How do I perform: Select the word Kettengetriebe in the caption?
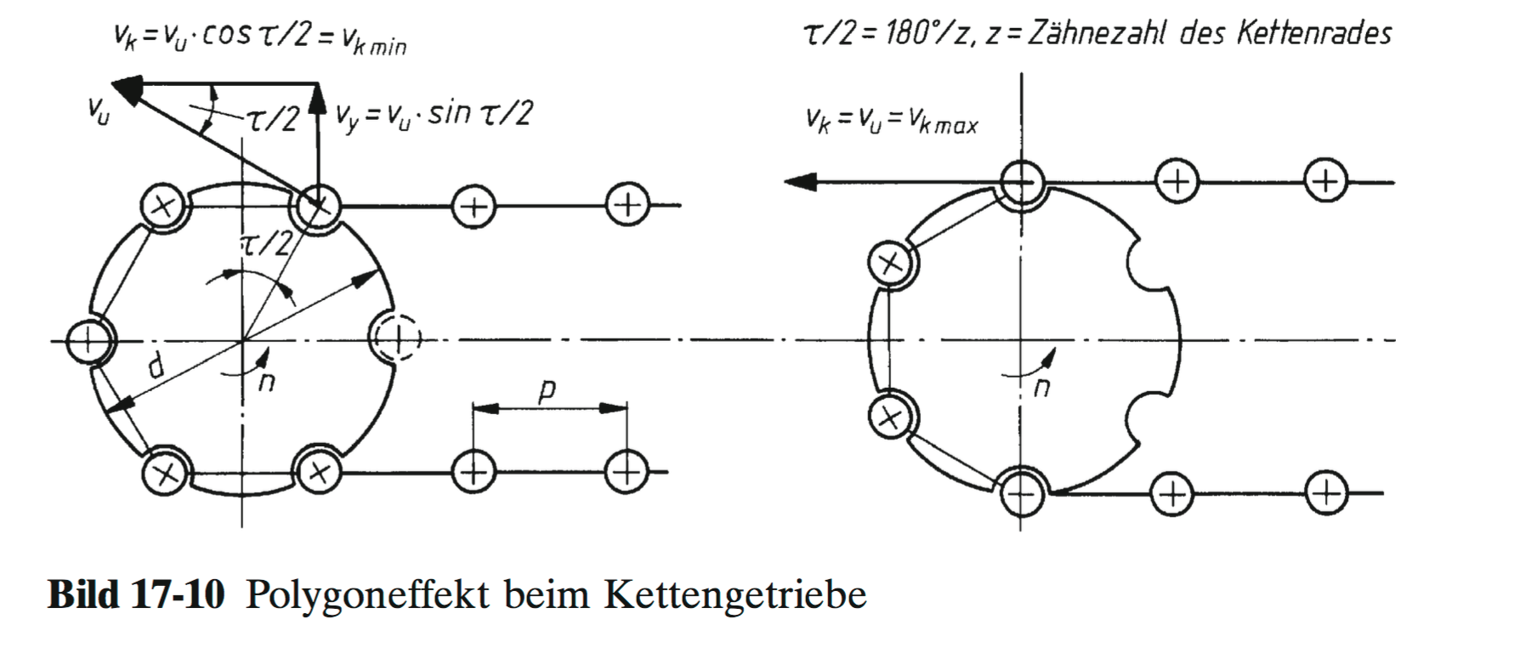(x=734, y=595)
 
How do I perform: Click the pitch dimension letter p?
(x=547, y=390)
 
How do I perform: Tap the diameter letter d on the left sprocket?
(x=156, y=367)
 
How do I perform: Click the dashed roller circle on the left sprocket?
(x=394, y=338)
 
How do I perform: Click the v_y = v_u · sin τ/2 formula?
(x=434, y=114)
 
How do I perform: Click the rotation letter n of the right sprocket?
(x=1041, y=388)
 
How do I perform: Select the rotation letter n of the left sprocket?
(x=266, y=382)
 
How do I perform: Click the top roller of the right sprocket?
(x=1020, y=181)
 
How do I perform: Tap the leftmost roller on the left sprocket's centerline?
(x=89, y=341)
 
